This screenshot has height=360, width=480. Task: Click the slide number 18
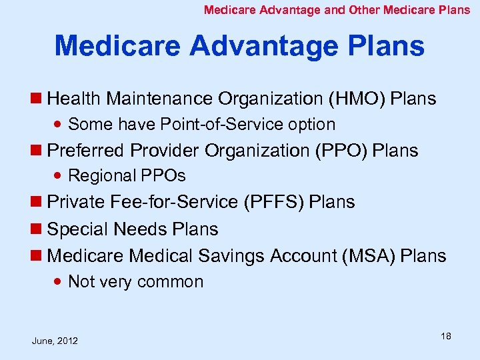pos(445,336)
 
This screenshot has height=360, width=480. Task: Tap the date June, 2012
pos(55,341)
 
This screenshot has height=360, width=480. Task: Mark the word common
pos(171,282)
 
